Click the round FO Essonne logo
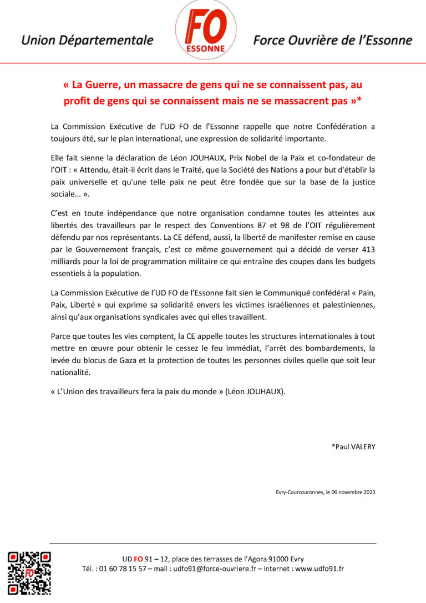(x=206, y=30)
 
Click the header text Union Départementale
(x=87, y=41)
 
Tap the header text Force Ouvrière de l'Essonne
(x=333, y=41)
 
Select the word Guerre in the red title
(x=114, y=86)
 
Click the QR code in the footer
(x=29, y=574)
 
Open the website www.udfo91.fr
(x=319, y=569)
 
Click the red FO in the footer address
(x=138, y=559)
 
